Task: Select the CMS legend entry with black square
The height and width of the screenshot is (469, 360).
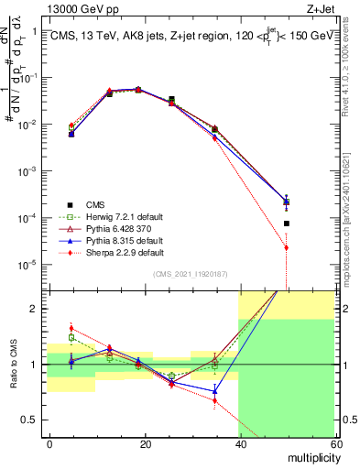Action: pyautogui.click(x=93, y=204)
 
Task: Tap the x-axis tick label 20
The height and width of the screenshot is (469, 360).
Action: pyautogui.click(x=145, y=443)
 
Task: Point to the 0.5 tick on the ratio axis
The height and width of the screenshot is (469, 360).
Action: pyautogui.click(x=33, y=420)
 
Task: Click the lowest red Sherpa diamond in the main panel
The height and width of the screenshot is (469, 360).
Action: pyautogui.click(x=286, y=247)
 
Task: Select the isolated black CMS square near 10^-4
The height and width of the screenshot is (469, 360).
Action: pyautogui.click(x=286, y=224)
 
